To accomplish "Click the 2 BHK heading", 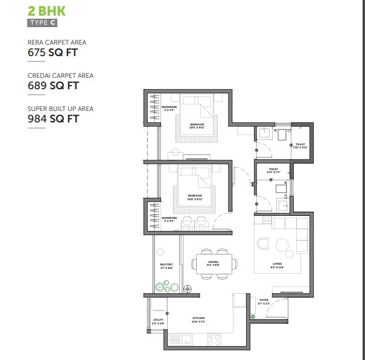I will click(47, 11).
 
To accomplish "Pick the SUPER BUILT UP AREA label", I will click(60, 109).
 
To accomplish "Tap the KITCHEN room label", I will click(198, 318).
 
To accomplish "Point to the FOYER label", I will click(264, 300).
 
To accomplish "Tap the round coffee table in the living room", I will click(282, 244).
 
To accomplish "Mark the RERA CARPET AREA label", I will click(57, 42).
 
